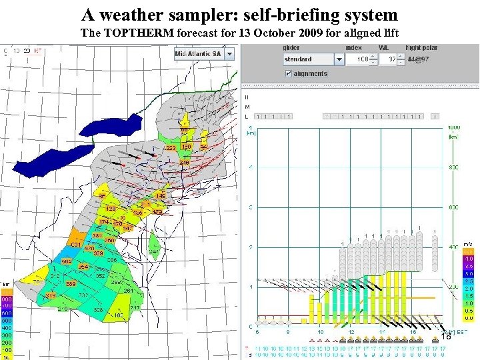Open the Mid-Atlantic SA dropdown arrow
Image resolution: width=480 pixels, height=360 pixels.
point(230,53)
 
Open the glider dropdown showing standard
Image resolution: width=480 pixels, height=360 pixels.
point(339,59)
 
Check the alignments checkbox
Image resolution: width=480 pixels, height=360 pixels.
point(288,73)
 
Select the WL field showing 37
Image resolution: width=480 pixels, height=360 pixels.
point(386,59)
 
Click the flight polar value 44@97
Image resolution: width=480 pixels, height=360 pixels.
point(419,59)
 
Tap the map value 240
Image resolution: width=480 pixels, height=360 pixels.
point(184,163)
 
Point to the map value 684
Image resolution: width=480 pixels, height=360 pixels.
point(67,262)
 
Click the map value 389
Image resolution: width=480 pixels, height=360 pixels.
point(69,283)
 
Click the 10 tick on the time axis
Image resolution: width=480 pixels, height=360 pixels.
point(320,331)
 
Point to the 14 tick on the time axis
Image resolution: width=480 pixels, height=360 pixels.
point(383,331)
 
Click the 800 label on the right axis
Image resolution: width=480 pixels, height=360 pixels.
point(454,167)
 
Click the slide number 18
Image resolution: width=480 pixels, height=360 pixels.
point(447,337)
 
